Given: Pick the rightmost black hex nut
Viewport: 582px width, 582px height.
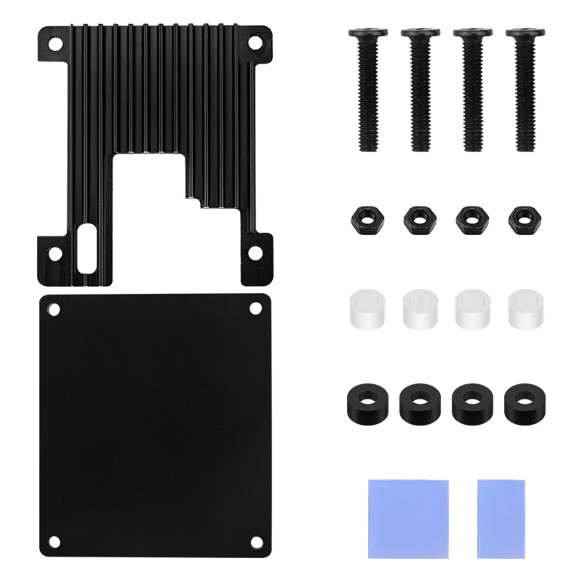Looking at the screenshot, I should tap(522, 218).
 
